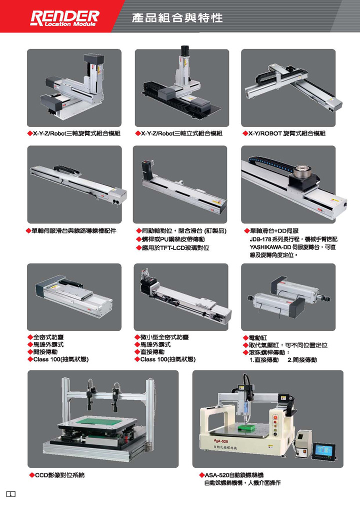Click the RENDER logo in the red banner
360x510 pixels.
click(x=64, y=18)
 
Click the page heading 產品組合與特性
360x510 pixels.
click(x=177, y=17)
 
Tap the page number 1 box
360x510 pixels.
click(x=10, y=494)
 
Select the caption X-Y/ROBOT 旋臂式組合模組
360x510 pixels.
click(x=287, y=133)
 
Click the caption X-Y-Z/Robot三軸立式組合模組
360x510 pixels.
click(x=181, y=133)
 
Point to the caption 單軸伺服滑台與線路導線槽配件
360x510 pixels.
click(x=74, y=231)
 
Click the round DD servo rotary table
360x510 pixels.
click(x=303, y=171)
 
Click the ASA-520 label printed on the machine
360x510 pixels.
click(x=221, y=441)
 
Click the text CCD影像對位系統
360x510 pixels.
click(x=60, y=475)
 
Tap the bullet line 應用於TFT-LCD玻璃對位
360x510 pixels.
click(x=175, y=248)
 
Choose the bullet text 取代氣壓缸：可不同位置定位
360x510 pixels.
click(x=288, y=345)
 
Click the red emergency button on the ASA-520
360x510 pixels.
click(x=275, y=417)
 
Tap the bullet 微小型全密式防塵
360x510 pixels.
click(x=164, y=337)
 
